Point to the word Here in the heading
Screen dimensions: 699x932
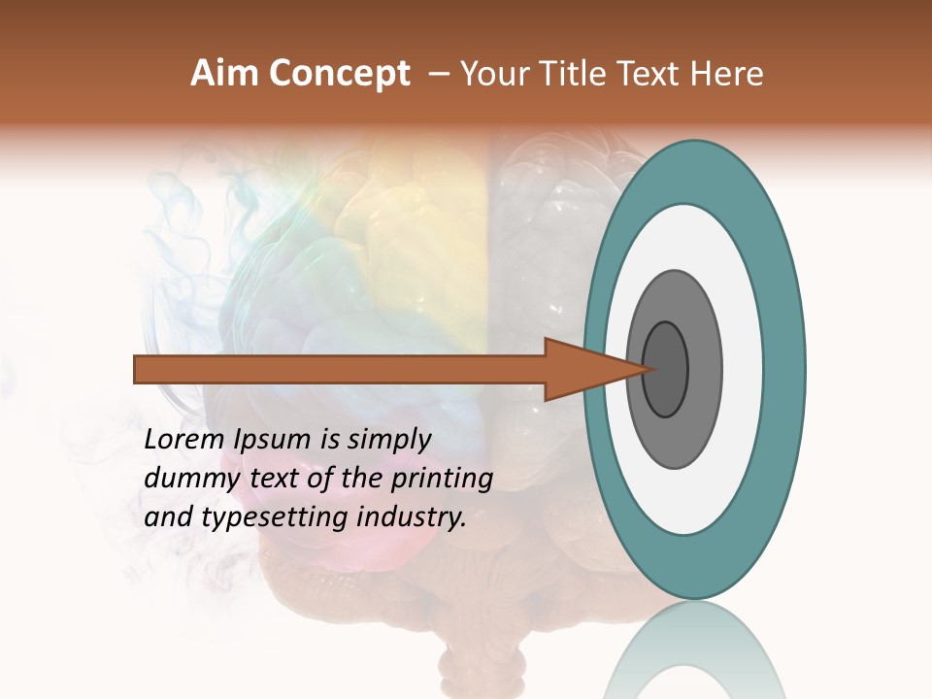[729, 74]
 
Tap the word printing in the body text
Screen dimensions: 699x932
[442, 479]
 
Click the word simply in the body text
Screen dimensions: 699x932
[387, 439]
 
